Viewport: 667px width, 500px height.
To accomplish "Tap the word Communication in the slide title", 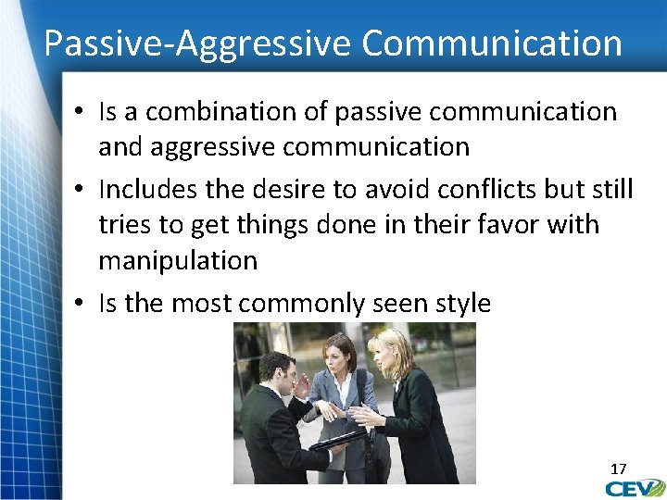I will pyautogui.click(x=492, y=43).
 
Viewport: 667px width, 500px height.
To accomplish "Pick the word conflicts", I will pyautogui.click(x=461, y=189).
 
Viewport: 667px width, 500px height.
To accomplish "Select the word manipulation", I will pyautogui.click(x=178, y=260).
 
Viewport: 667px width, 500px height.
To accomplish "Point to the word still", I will pyautogui.click(x=610, y=189).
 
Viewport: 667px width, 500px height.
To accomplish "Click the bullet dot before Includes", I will pyautogui.click(x=82, y=190).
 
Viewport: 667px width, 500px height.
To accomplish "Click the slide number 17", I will pyautogui.click(x=618, y=469).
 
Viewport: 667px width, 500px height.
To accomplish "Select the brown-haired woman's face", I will pyautogui.click(x=340, y=356).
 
